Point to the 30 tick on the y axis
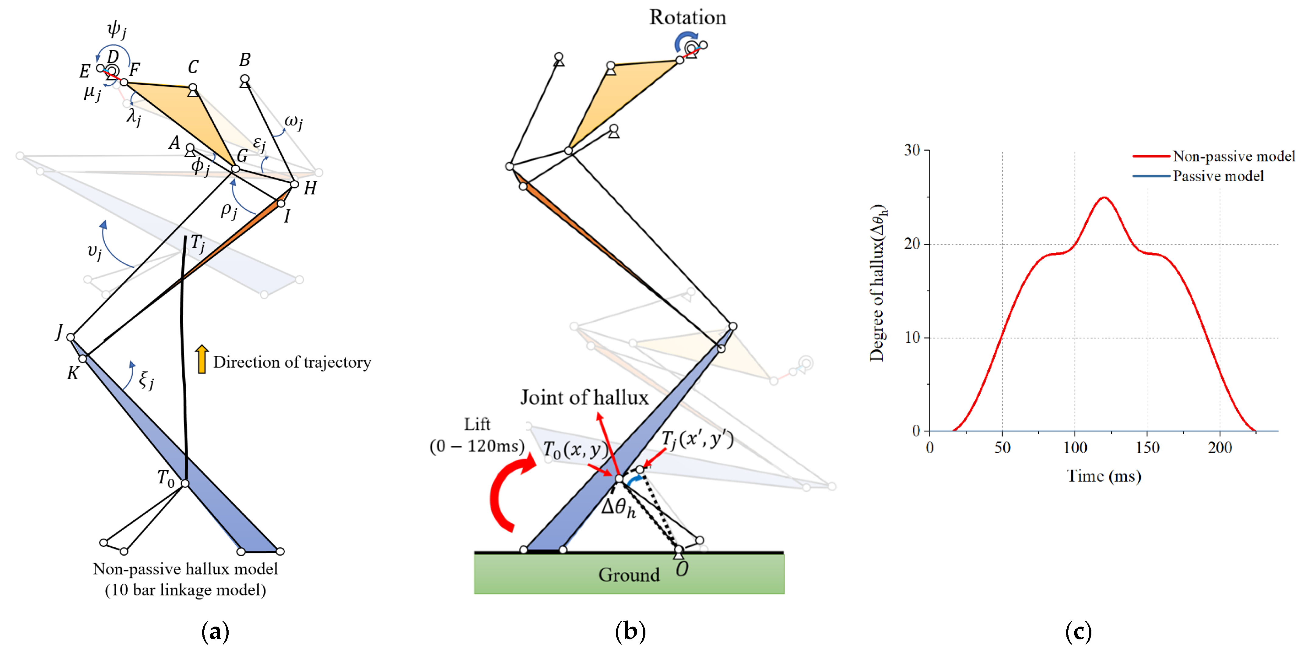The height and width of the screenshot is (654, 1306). tap(913, 150)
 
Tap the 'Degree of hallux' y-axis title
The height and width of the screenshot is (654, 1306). tap(878, 283)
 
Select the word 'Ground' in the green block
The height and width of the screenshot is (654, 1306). tap(629, 575)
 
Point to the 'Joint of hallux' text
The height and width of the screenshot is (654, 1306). tap(584, 397)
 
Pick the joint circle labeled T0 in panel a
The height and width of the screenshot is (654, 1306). tap(185, 483)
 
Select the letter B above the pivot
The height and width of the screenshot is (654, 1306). tap(245, 60)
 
